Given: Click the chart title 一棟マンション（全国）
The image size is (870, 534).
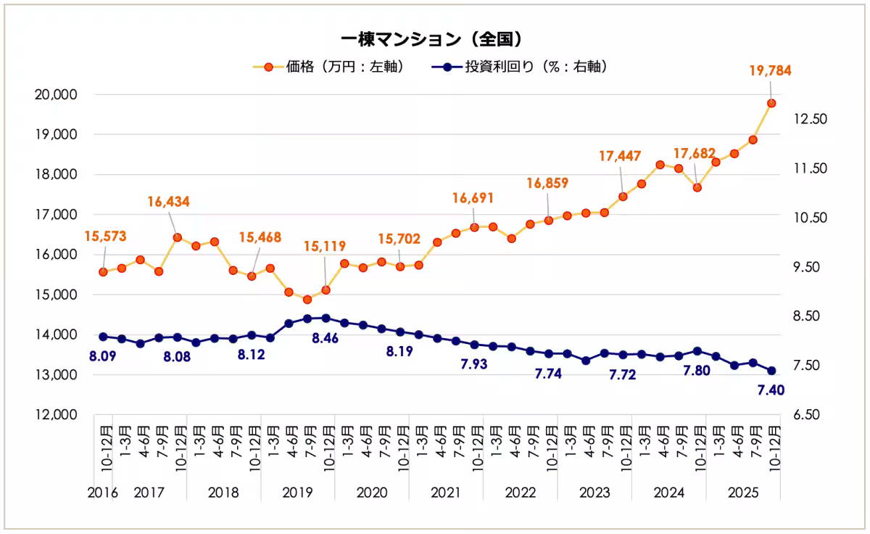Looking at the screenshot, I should pyautogui.click(x=432, y=38).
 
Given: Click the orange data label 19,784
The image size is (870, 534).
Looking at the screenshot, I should pyautogui.click(x=770, y=71).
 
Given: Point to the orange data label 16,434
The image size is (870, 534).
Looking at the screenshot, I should pyautogui.click(x=168, y=202).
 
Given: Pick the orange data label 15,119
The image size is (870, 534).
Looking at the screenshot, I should pyautogui.click(x=326, y=246).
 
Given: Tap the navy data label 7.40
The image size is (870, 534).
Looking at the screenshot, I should pyautogui.click(x=770, y=391).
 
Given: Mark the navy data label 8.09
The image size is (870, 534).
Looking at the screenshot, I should pyautogui.click(x=103, y=356).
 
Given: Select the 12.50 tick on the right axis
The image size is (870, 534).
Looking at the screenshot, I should pyautogui.click(x=808, y=119).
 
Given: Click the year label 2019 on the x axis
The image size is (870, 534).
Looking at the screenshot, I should pyautogui.click(x=297, y=493).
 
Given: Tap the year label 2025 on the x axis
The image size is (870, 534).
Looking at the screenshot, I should pyautogui.click(x=743, y=493).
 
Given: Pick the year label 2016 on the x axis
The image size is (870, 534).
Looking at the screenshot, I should pyautogui.click(x=103, y=493).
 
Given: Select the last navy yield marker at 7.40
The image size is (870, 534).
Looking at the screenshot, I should pyautogui.click(x=771, y=371).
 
